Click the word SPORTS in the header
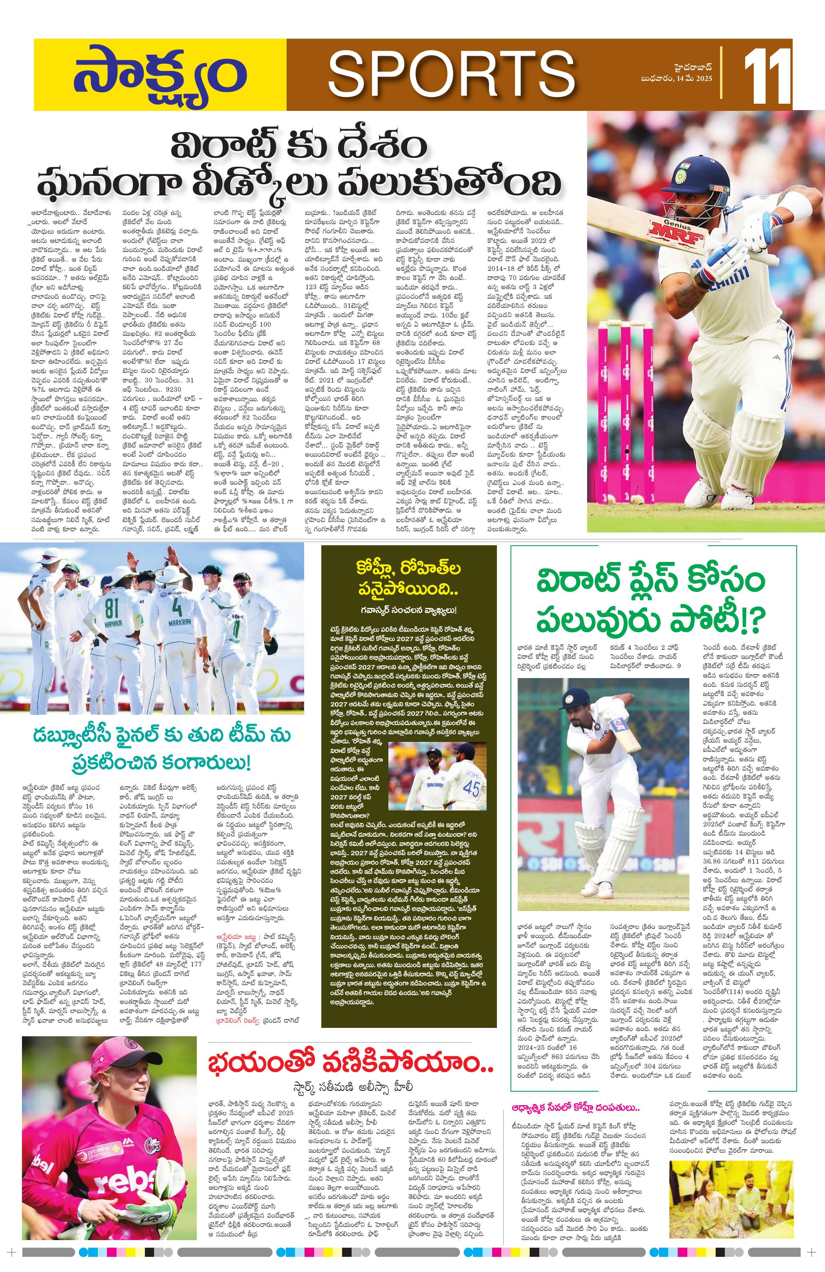coord(448,75)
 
